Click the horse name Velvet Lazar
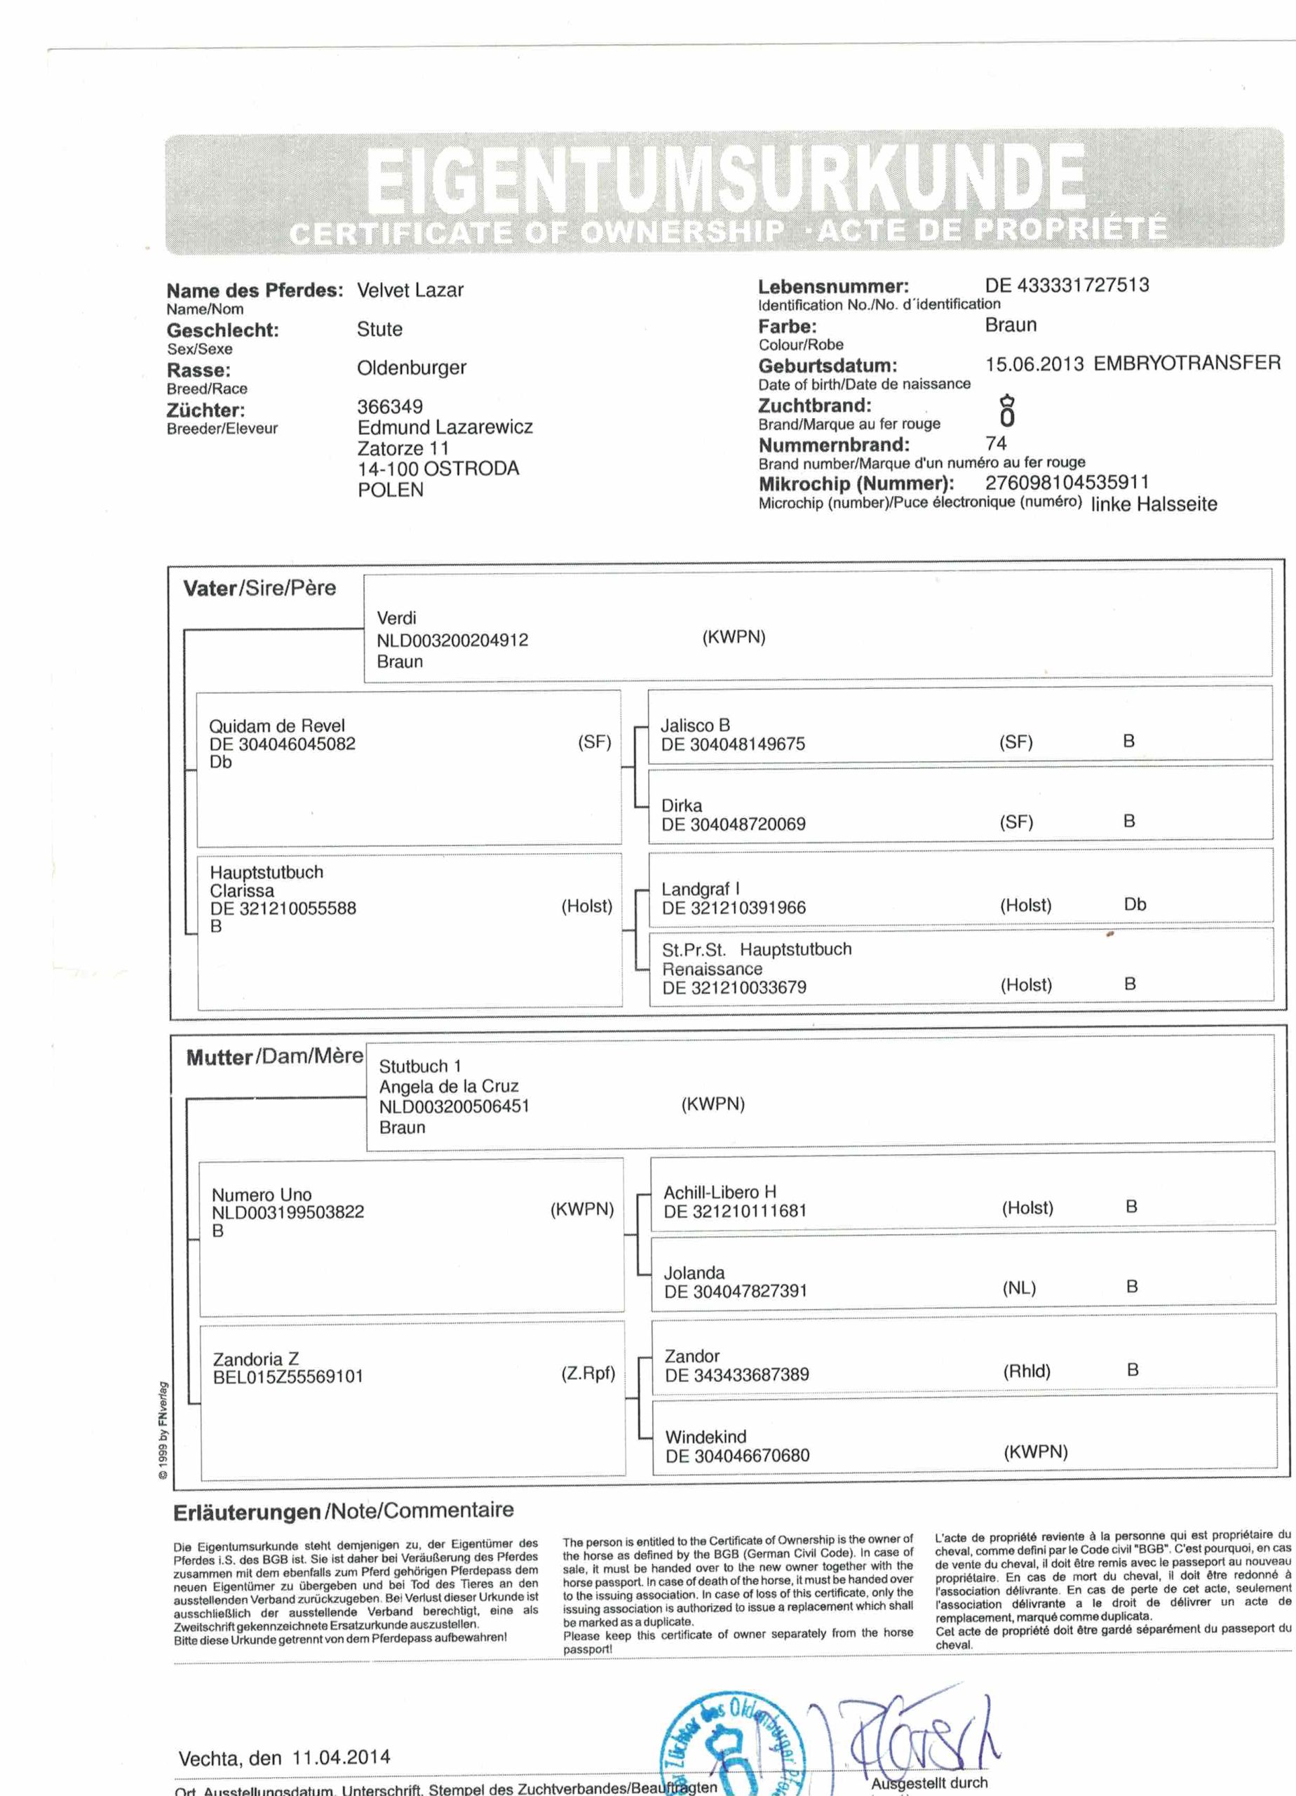(x=410, y=290)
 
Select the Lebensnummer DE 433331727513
(x=1067, y=285)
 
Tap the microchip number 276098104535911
(x=1067, y=482)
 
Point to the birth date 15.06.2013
(x=1034, y=364)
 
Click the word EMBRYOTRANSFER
(x=1187, y=363)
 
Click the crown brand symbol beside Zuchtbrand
(x=1007, y=412)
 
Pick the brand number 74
(x=996, y=443)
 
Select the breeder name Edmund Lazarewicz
(x=445, y=428)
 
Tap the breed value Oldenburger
(x=412, y=368)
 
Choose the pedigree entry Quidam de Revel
(x=277, y=725)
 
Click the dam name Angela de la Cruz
(x=449, y=1087)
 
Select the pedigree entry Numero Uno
(x=262, y=1194)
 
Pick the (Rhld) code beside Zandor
(x=1027, y=1372)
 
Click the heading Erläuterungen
(x=246, y=1513)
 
